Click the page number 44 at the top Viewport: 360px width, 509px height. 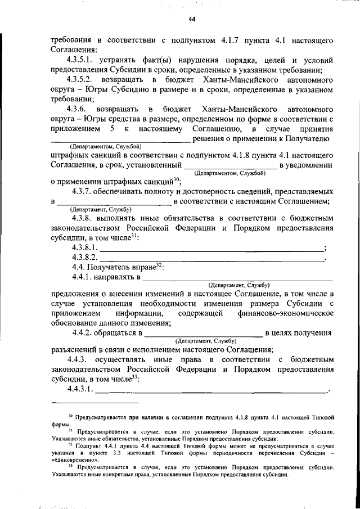click(x=192, y=20)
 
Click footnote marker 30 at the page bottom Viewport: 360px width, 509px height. click(x=70, y=416)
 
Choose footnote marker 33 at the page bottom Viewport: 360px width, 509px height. click(x=70, y=466)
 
